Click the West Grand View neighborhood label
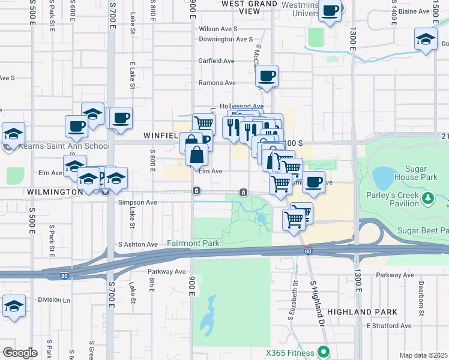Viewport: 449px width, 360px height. pyautogui.click(x=250, y=7)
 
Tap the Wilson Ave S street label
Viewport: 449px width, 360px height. pyautogui.click(x=218, y=29)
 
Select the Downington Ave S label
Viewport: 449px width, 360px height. pyautogui.click(x=226, y=39)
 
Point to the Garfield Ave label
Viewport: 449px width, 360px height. pyautogui.click(x=217, y=61)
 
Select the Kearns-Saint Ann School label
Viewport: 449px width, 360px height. pyautogui.click(x=64, y=146)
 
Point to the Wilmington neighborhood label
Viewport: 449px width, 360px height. pyautogui.click(x=54, y=192)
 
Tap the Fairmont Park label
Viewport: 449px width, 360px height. pyautogui.click(x=193, y=244)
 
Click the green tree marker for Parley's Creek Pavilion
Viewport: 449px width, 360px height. pyautogui.click(x=428, y=199)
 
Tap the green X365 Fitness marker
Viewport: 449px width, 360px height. pyautogui.click(x=324, y=352)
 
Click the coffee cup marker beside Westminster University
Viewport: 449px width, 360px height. pyautogui.click(x=330, y=11)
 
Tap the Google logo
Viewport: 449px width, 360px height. pyautogui.click(x=19, y=353)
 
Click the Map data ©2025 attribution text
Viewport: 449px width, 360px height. pyautogui.click(x=424, y=355)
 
